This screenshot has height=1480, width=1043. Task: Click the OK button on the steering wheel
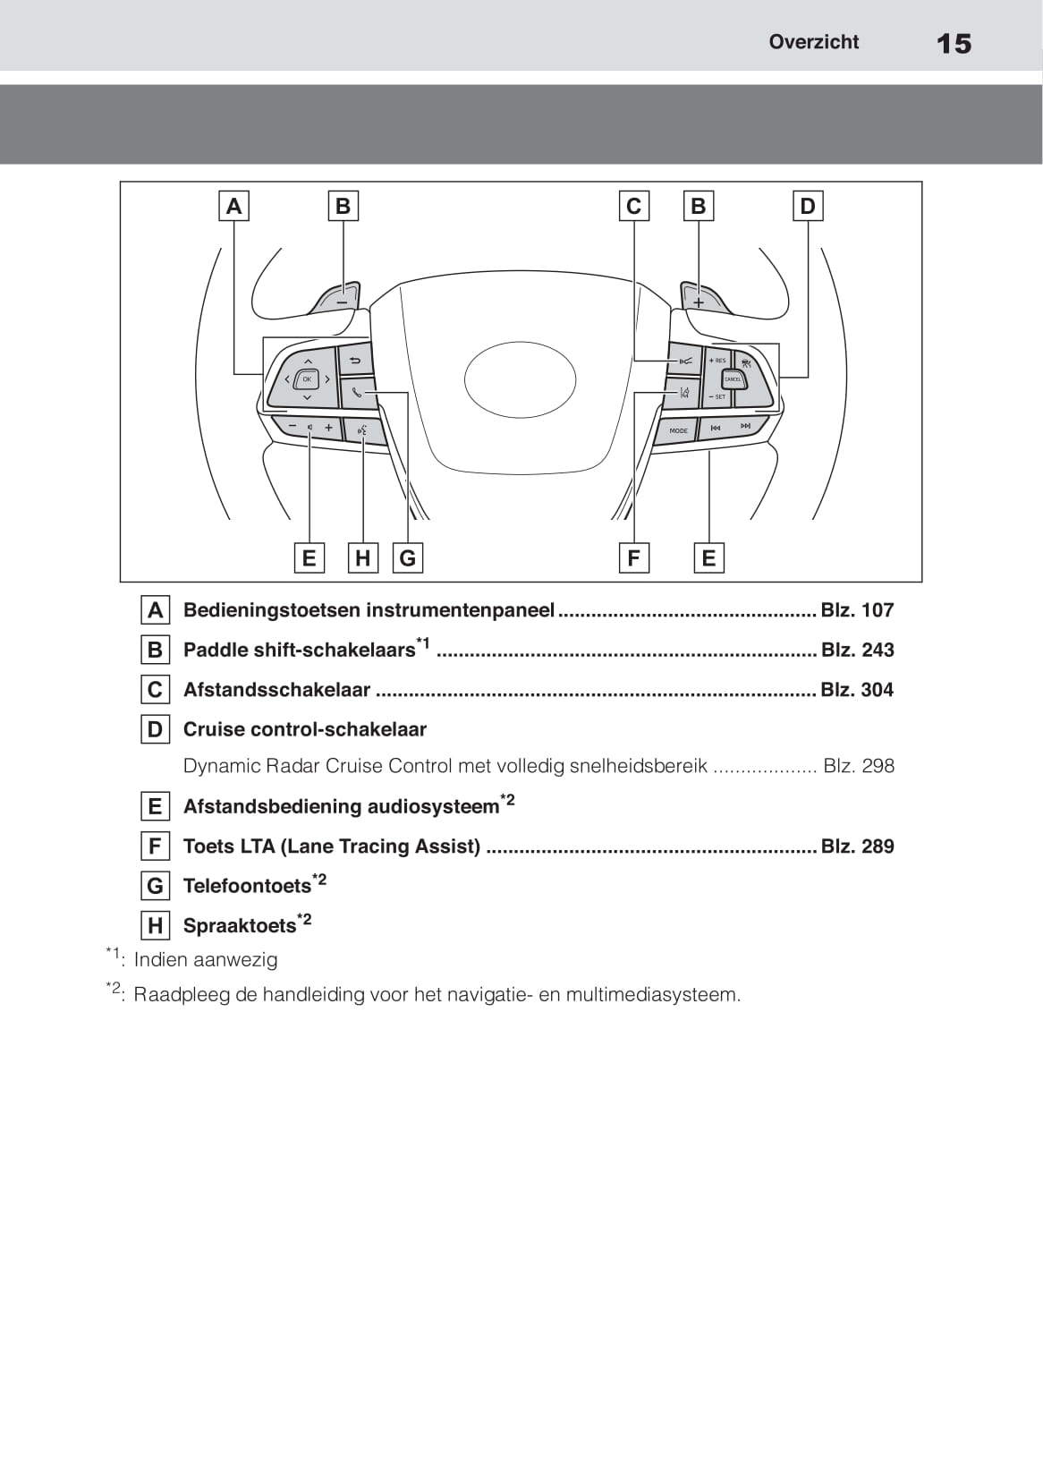click(307, 379)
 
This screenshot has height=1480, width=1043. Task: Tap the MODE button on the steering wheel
click(678, 430)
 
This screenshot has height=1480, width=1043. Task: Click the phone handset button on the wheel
click(357, 392)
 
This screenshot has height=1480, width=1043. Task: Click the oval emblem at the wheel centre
click(520, 379)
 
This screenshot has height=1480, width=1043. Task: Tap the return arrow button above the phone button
click(355, 361)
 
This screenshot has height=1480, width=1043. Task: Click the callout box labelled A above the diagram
click(233, 207)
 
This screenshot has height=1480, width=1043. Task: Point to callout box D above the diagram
click(807, 207)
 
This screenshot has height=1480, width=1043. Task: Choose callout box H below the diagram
click(362, 558)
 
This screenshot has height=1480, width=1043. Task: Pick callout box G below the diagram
click(408, 558)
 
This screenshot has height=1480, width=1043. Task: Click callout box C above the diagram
click(633, 207)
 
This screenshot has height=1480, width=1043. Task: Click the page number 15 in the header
click(954, 43)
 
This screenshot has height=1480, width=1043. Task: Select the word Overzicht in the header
click(813, 42)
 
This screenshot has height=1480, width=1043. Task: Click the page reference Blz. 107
click(857, 610)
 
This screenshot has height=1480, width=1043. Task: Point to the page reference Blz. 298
click(858, 766)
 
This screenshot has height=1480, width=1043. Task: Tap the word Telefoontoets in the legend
click(247, 886)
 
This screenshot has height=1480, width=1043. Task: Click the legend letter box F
click(155, 846)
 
